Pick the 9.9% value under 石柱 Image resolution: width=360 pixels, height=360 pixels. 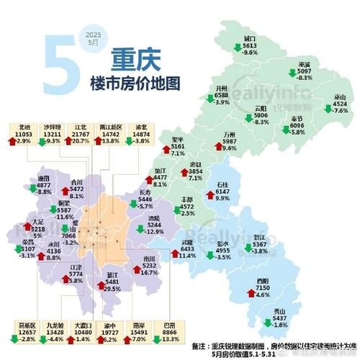pyautogui.click(x=222, y=198)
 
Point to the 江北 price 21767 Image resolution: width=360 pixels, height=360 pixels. pyautogui.click(x=82, y=135)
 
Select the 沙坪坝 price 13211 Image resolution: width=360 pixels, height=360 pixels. pyautogui.click(x=53, y=135)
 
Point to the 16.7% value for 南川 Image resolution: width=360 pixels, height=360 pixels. pyautogui.click(x=150, y=273)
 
